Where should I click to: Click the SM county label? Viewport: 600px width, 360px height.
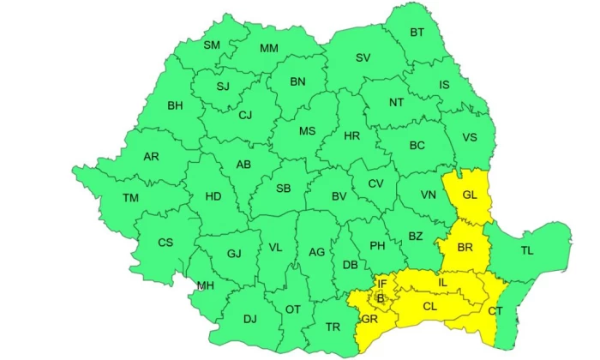[211, 45]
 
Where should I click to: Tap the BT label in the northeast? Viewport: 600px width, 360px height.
[417, 33]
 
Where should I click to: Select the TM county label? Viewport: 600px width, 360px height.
[130, 198]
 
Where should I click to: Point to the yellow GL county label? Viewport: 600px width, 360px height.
[469, 195]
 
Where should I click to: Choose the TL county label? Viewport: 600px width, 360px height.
[526, 251]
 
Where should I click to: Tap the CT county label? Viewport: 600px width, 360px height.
[496, 311]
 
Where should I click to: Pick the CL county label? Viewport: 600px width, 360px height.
[430, 305]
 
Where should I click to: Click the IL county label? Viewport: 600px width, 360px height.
[442, 281]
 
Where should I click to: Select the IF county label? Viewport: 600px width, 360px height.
[383, 284]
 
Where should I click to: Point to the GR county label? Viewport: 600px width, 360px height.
[370, 319]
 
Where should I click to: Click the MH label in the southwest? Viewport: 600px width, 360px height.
[206, 285]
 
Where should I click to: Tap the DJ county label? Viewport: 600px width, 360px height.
[249, 319]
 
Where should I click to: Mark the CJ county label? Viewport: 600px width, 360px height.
[245, 115]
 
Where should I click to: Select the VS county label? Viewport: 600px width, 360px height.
[470, 138]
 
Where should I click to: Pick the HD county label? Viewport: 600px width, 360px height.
[213, 196]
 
